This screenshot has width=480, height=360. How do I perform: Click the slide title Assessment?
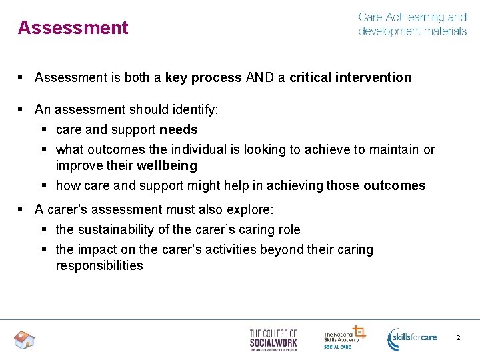coord(73,28)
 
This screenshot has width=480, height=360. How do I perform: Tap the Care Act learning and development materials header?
coord(412,24)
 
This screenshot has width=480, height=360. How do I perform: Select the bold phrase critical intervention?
coord(351,77)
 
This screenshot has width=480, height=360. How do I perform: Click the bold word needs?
coord(178,129)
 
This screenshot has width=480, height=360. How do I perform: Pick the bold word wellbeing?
coord(167,165)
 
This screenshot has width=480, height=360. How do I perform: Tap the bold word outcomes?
coord(394,185)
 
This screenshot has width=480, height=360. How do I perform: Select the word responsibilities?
coord(99,265)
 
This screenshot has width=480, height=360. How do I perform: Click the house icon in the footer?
coord(25,340)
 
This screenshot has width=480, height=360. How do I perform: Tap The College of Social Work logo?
coord(273,339)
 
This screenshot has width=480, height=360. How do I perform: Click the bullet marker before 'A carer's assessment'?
coord(21,209)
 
